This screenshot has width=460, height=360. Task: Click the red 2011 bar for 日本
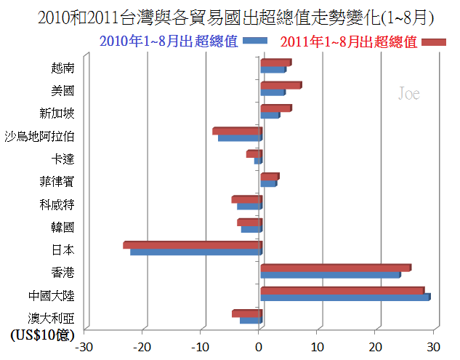click(193, 245)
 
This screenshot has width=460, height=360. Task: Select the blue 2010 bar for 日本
click(195, 252)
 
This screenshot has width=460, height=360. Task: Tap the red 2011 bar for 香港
click(335, 268)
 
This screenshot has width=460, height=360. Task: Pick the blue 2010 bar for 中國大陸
click(344, 297)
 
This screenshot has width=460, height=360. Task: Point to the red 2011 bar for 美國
click(281, 85)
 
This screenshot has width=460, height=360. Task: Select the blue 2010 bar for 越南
click(273, 70)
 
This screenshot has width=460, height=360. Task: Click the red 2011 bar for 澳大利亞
click(246, 313)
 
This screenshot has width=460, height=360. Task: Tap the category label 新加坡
click(56, 113)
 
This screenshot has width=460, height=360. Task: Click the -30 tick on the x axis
click(86, 346)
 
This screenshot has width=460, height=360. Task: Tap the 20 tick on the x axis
click(376, 346)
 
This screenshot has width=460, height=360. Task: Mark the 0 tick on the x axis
click(259, 346)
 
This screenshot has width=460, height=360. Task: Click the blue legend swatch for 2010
click(256, 41)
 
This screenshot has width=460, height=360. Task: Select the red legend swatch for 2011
click(434, 41)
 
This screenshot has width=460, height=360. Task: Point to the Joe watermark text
click(409, 94)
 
